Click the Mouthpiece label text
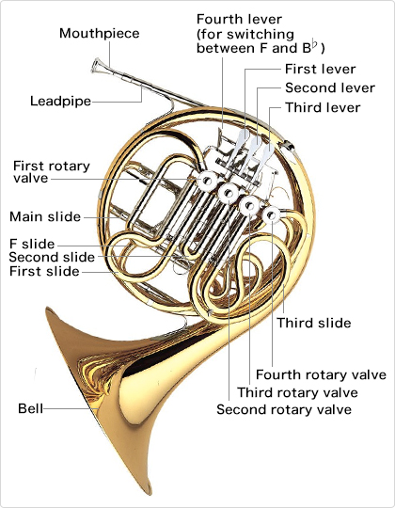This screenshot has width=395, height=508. (100, 34)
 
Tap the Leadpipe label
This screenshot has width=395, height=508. (60, 101)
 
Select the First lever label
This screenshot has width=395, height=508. (320, 69)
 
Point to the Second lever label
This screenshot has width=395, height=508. (330, 87)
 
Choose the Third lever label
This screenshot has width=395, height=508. (323, 107)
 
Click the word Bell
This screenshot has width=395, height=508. (30, 408)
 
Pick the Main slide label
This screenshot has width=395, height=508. (45, 216)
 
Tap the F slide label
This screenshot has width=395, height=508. (32, 244)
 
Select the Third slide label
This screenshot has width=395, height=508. (314, 323)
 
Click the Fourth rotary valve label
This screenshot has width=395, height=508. (321, 374)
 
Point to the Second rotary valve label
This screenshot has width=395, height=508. (284, 409)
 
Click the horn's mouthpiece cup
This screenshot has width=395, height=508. (97, 66)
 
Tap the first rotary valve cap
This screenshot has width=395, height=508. (207, 180)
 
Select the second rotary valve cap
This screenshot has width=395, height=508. (229, 193)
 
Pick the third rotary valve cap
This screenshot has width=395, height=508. (249, 205)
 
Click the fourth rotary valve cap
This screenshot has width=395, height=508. (271, 215)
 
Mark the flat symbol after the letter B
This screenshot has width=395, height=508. (314, 44)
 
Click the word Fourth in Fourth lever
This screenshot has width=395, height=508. (219, 20)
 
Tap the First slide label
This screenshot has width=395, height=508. (44, 271)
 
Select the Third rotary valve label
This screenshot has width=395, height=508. (297, 392)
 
